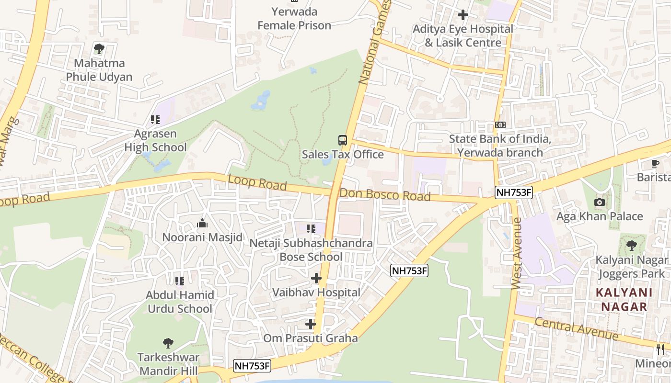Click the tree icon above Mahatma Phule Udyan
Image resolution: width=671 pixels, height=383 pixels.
(99, 48)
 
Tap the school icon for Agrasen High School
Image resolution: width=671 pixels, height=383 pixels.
(155, 119)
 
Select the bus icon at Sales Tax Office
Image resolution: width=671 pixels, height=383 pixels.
(342, 140)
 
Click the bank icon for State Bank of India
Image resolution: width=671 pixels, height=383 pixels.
(500, 125)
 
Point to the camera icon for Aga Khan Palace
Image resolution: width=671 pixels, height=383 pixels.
(599, 202)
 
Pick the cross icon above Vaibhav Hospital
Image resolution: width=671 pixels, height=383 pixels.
(316, 278)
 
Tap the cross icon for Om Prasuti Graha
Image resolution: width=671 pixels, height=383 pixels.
(311, 324)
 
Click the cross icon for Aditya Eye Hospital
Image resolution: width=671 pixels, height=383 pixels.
(463, 15)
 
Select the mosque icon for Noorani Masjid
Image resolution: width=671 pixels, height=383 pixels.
(202, 223)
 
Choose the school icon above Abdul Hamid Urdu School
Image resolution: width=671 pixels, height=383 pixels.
(180, 281)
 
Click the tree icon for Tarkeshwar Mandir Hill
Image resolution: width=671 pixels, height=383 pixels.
(168, 343)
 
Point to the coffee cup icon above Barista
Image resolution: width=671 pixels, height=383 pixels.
(655, 163)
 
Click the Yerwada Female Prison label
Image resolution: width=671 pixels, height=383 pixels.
(294, 18)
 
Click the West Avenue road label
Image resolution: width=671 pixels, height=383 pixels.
(517, 253)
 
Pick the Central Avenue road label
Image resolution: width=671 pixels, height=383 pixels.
(577, 328)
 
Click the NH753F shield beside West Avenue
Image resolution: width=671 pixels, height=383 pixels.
(514, 192)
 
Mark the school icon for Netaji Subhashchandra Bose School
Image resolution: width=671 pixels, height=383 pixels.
(311, 229)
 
